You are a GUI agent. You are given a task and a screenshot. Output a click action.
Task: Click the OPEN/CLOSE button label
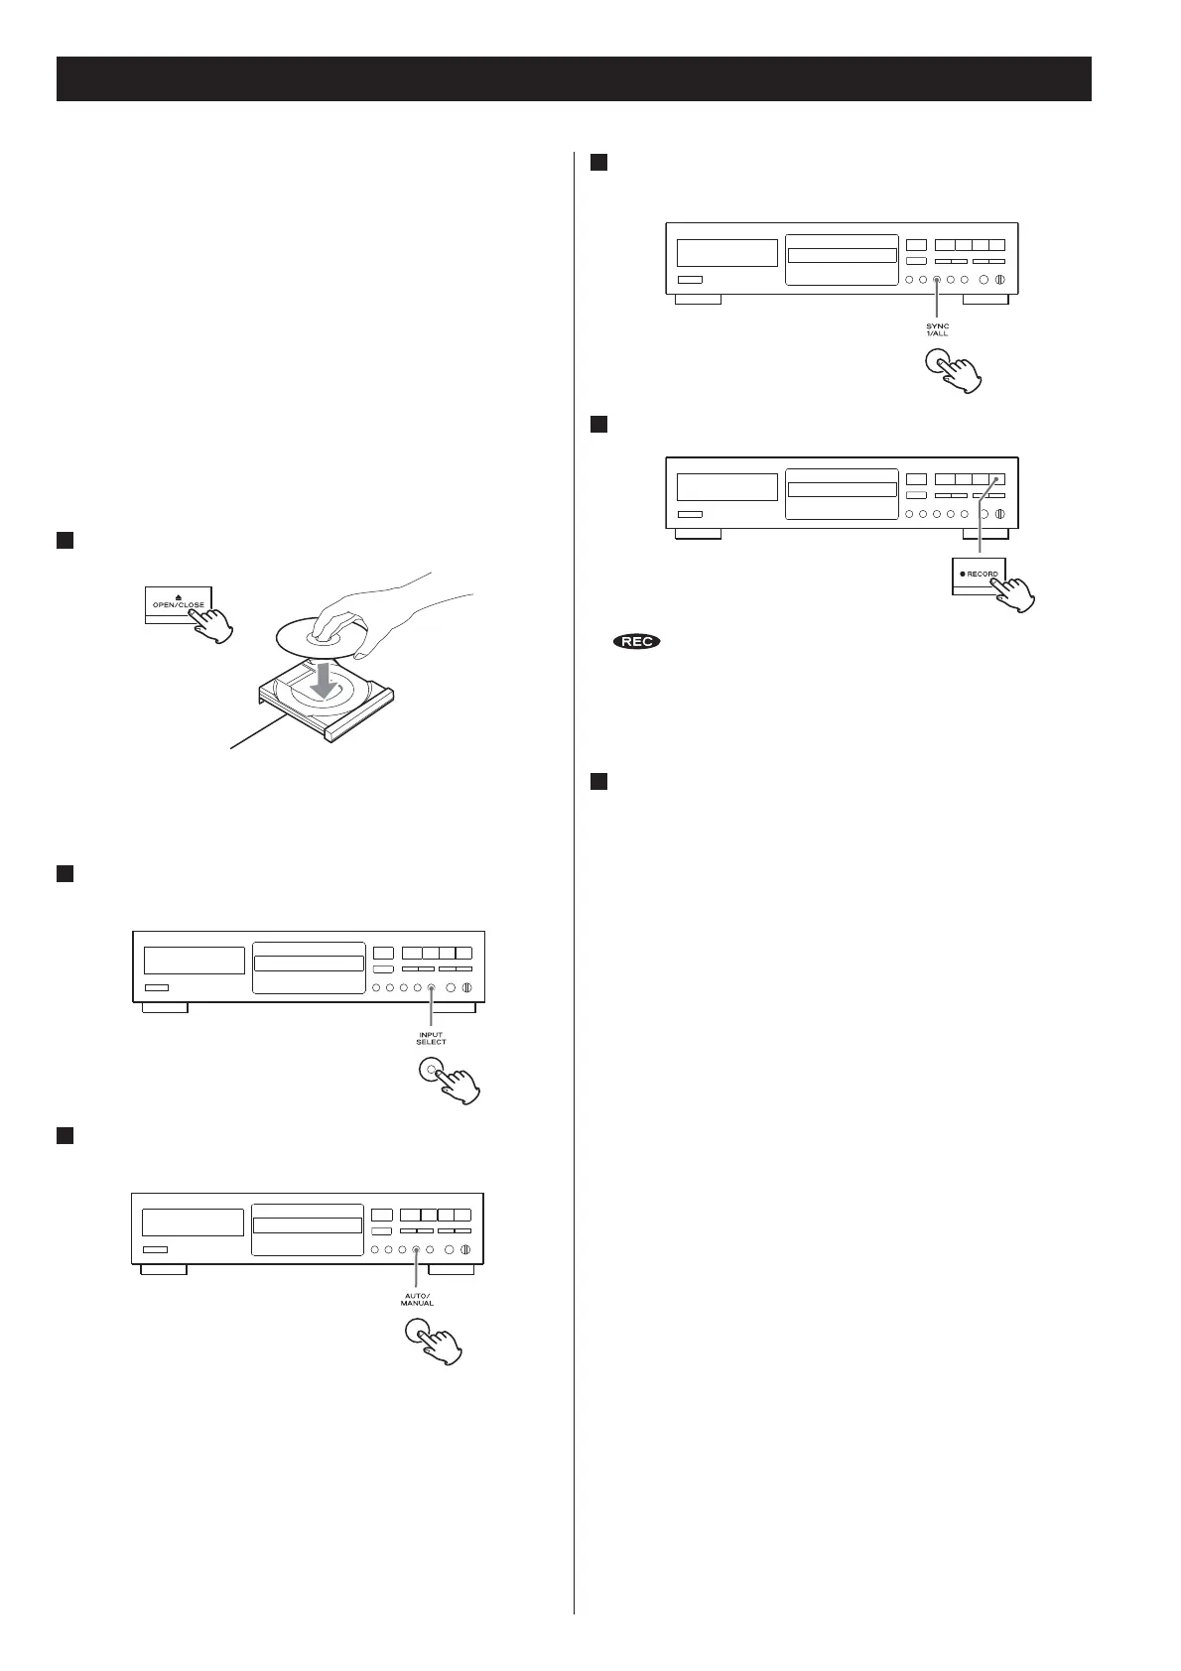point(179,605)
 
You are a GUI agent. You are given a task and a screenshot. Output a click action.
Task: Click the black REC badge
point(637,642)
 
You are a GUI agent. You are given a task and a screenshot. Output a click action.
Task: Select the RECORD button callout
point(979,575)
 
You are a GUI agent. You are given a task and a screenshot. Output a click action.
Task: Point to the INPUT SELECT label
point(431,1038)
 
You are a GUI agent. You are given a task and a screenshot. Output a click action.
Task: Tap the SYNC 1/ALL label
point(937,329)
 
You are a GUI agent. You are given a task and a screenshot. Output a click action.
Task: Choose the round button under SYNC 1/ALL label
point(936,363)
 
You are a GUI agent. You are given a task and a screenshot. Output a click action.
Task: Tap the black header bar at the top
point(574,78)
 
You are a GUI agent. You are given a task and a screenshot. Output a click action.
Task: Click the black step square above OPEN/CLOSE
point(65,540)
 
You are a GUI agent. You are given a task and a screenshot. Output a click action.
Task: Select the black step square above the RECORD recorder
point(597,425)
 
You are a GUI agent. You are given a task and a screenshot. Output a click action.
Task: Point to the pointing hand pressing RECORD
point(1013,592)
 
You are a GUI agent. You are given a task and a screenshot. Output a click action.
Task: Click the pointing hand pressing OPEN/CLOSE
point(213,622)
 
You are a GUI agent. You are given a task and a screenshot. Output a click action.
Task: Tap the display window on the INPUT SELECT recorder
point(194,960)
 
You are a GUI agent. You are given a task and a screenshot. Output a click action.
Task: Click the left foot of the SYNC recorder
point(698,299)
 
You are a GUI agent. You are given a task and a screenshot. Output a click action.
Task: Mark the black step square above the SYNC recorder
point(597,163)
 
